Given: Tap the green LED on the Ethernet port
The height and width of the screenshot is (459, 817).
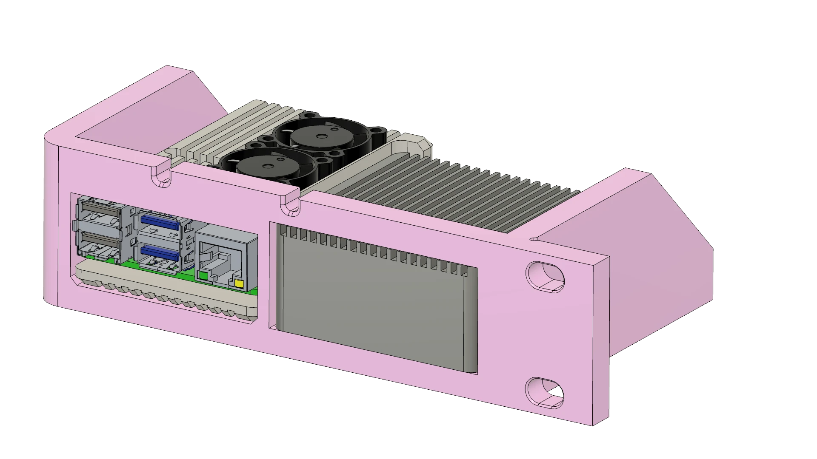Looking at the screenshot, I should coord(203,276).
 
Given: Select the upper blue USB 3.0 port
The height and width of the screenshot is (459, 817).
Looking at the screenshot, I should coord(159,221).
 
